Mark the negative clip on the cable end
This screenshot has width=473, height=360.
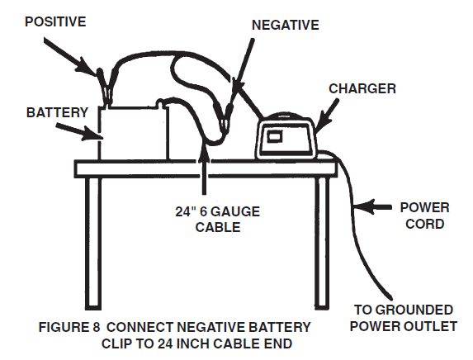224,115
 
